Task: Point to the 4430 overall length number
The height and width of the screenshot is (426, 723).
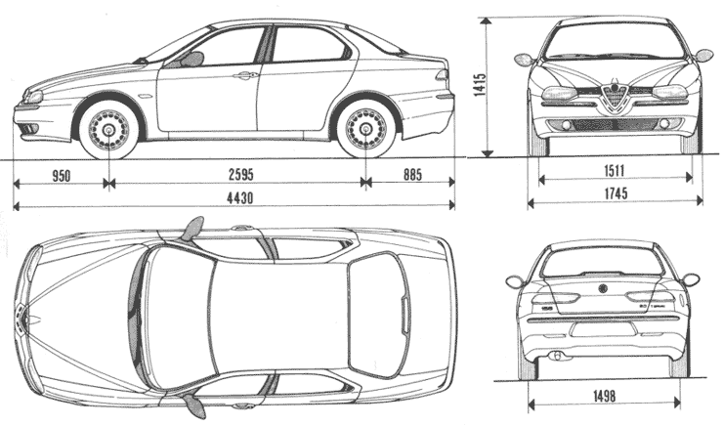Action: pyautogui.click(x=234, y=196)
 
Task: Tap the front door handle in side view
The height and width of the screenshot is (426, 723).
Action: pyautogui.click(x=243, y=75)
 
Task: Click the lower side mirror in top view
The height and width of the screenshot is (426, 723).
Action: pyautogui.click(x=192, y=402)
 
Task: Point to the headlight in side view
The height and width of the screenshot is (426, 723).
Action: pyautogui.click(x=33, y=97)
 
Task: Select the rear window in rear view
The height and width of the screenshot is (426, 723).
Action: pyautogui.click(x=603, y=261)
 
